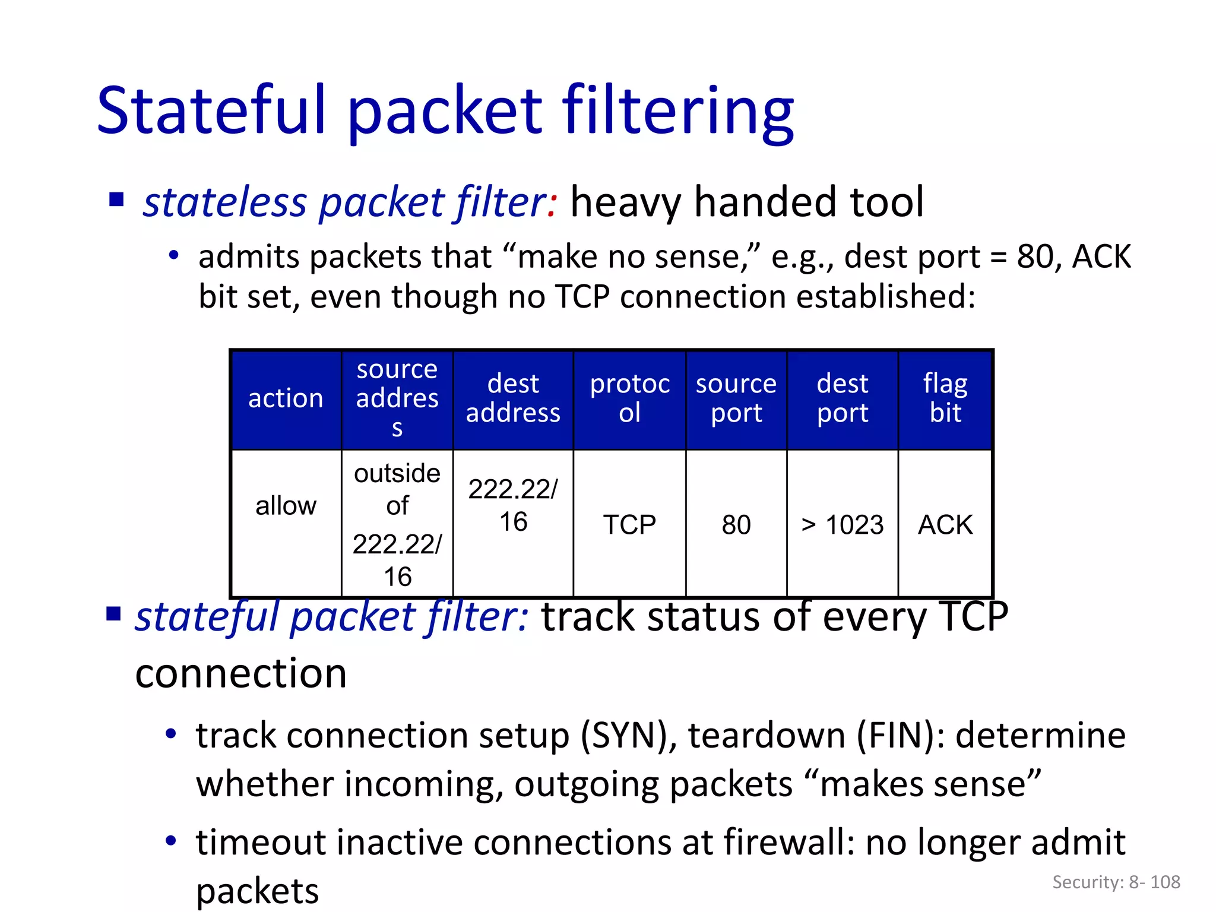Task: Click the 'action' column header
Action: coord(286,398)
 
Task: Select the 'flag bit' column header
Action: coord(945,398)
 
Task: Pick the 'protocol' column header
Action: coord(629,398)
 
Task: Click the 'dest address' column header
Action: coord(513,398)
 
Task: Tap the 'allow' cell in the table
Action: coord(286,506)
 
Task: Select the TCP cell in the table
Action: coord(629,525)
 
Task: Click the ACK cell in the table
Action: coord(945,525)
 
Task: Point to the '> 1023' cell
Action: coord(842,525)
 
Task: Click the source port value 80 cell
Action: coord(736,525)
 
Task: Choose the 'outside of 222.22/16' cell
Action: coord(397,525)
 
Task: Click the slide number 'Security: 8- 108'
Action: coord(1116,882)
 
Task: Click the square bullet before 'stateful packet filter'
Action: coord(113,613)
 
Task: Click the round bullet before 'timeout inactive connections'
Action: coord(171,841)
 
